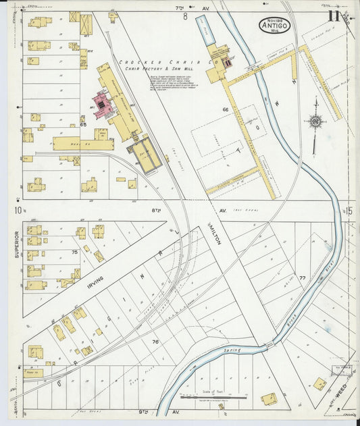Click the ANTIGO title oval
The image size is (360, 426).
point(274,26)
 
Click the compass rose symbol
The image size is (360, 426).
point(315,122)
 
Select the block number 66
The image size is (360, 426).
point(225,109)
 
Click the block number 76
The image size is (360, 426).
point(155,342)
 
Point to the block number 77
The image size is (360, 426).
point(302,277)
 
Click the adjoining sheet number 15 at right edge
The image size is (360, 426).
point(350,211)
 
